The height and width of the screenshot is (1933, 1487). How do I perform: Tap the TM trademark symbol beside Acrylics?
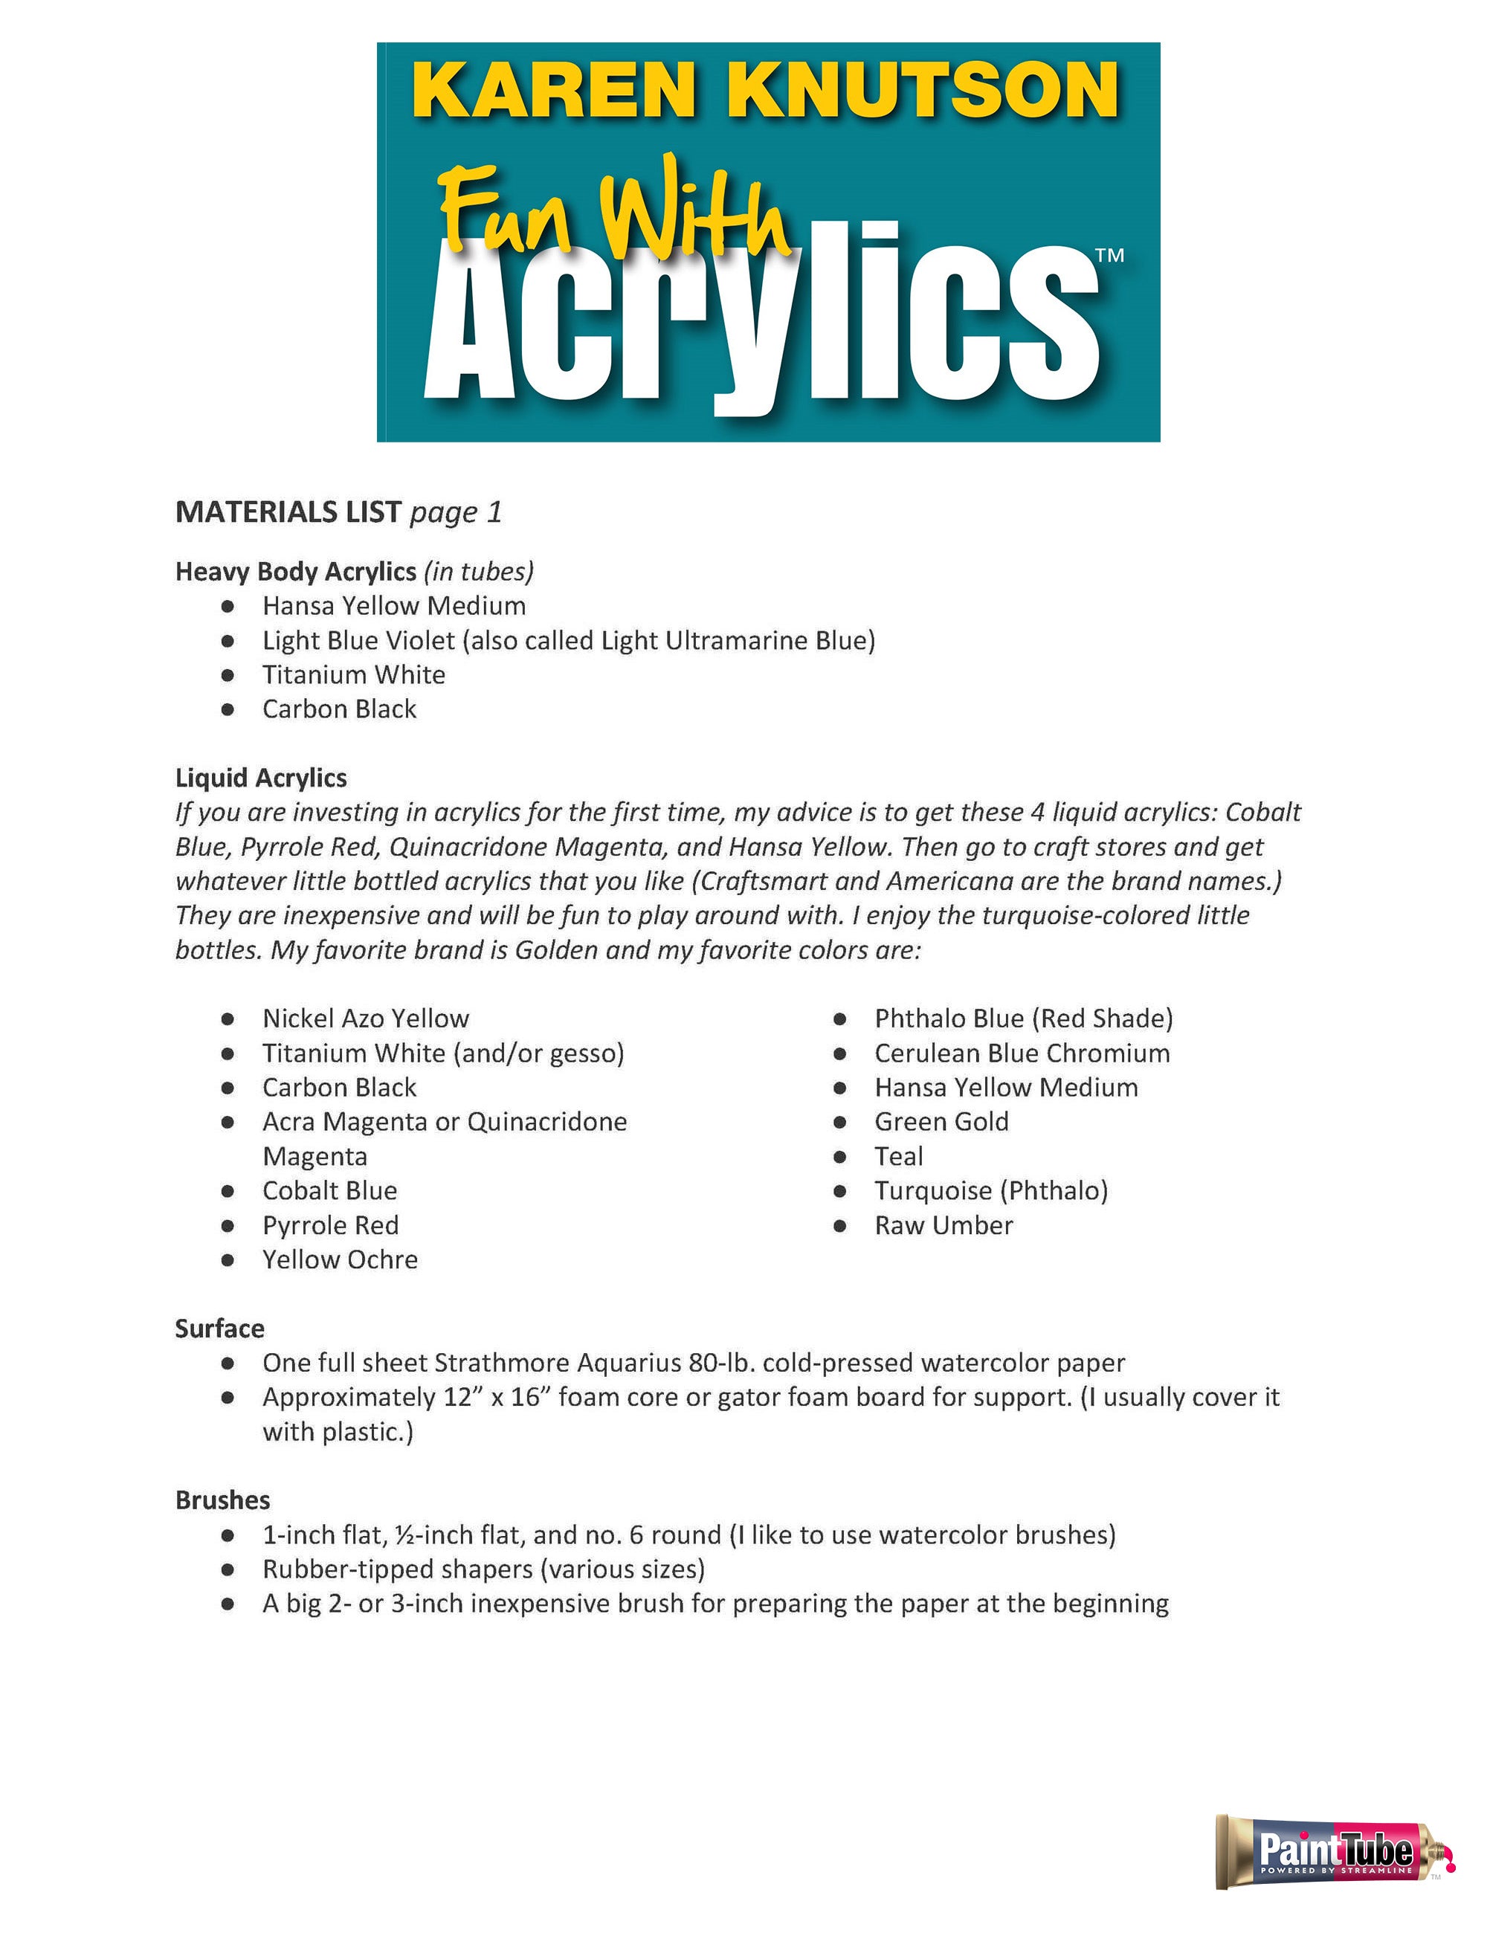coord(1109,256)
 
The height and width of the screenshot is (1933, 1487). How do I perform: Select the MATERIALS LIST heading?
coord(288,512)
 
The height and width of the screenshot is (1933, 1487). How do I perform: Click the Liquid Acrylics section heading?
coord(261,777)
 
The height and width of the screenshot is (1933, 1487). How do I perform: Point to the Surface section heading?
coord(219,1328)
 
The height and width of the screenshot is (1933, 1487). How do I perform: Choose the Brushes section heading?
coord(222,1500)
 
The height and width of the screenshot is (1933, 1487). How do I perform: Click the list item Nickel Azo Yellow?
coord(366,1018)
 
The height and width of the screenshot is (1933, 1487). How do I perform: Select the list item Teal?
coord(898,1156)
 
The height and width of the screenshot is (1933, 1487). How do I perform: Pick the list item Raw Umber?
coord(944,1225)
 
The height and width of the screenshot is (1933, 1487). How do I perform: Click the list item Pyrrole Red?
coord(330,1225)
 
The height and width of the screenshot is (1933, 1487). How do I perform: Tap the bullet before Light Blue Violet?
coord(228,640)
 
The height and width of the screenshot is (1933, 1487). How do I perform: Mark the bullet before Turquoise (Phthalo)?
coord(841,1191)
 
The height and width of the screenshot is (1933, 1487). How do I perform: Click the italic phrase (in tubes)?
coord(479,571)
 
